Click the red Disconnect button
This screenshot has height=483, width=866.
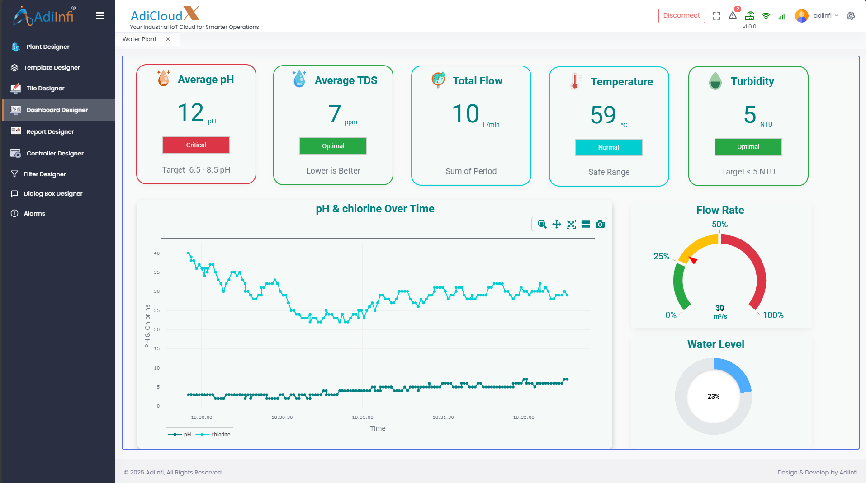pos(681,15)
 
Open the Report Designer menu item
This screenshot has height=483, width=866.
pos(50,131)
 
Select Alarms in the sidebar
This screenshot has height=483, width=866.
pos(34,213)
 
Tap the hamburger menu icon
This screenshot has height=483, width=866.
pos(100,16)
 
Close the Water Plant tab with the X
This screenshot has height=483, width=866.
pos(168,39)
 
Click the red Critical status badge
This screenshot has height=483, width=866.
pos(196,145)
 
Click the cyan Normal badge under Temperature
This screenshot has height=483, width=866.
pos(608,147)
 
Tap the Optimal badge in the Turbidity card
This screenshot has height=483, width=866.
pos(748,147)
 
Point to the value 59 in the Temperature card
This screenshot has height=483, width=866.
pos(603,115)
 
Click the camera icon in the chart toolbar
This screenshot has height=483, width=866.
pos(600,224)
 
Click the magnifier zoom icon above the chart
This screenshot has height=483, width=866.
pos(542,224)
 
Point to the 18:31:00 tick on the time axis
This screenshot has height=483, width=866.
pos(362,417)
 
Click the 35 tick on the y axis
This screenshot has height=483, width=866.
pos(156,272)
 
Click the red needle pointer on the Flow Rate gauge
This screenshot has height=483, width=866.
pos(693,260)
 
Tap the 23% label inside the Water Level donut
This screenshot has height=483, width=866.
pos(713,396)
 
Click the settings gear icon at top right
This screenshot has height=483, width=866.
pos(851,16)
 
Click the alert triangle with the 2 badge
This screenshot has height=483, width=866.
pos(733,15)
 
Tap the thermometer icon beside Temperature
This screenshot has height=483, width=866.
pos(574,81)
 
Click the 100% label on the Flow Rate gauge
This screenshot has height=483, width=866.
pos(773,315)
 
